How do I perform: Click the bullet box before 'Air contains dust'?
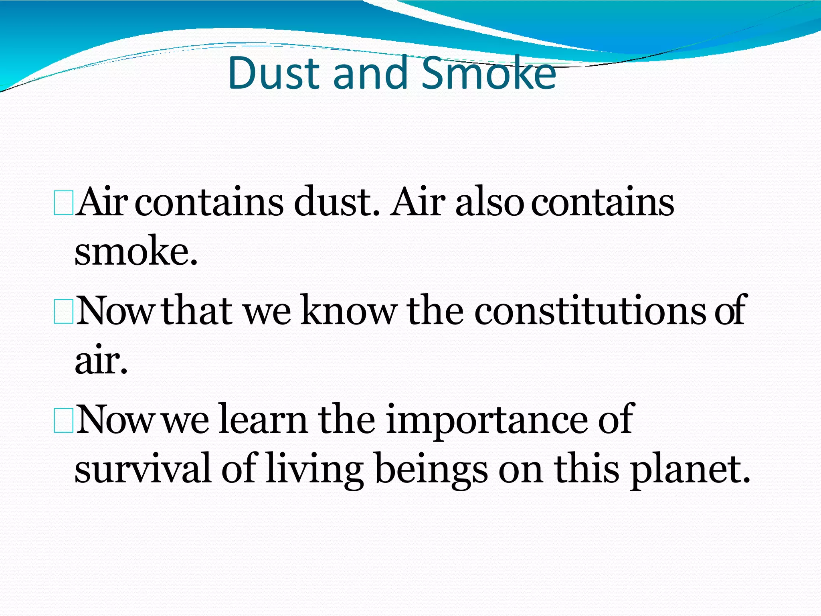pos(63,204)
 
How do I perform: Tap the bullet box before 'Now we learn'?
pos(63,421)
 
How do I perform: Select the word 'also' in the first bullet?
pos(489,203)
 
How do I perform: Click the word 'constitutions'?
pos(590,311)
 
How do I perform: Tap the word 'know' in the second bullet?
pos(349,311)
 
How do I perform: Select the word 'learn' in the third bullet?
pos(263,420)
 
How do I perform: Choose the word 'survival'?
pos(143,468)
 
